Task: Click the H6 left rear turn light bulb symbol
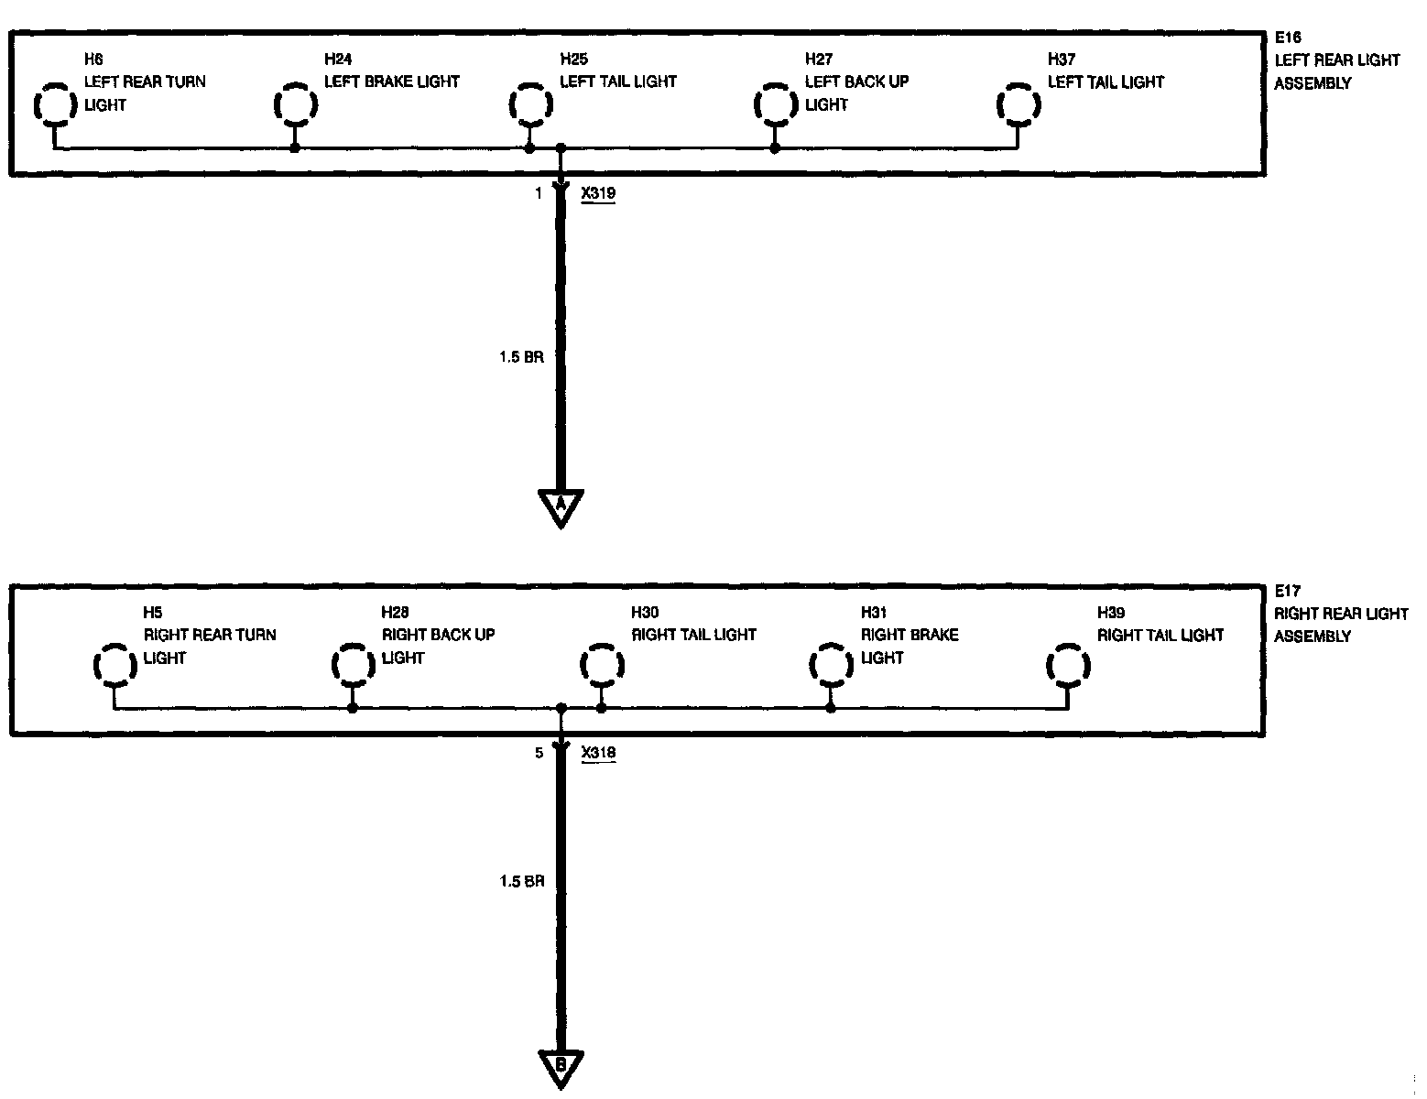54,104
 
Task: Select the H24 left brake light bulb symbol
294,104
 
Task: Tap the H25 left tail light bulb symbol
529,104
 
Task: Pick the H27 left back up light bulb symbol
774,104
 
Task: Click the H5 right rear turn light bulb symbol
114,663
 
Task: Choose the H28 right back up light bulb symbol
352,663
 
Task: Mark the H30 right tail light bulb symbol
601,663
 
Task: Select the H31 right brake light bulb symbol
830,663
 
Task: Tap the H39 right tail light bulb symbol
1067,663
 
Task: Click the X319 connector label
598,193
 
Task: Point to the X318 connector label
598,753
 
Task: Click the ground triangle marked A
561,506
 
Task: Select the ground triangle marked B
561,1066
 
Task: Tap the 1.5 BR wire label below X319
521,357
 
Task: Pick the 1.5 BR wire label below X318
521,881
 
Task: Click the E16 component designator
1288,38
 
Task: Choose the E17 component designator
1288,592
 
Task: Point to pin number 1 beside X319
539,193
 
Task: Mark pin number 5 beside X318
539,753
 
